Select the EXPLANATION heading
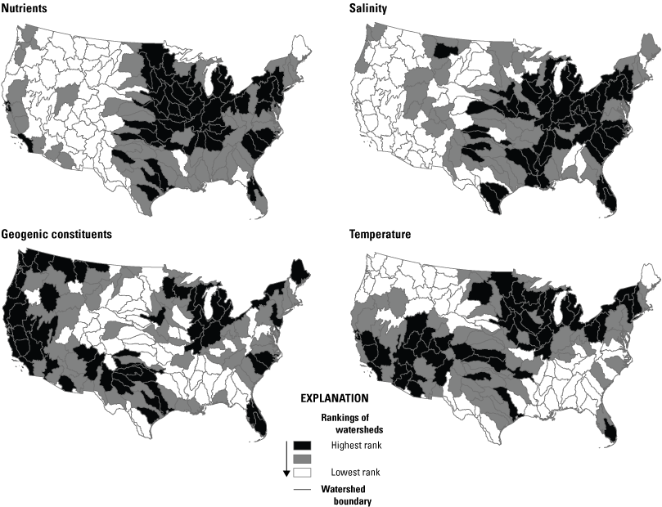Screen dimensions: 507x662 pyautogui.click(x=333, y=398)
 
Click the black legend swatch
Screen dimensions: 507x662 pyautogui.click(x=303, y=445)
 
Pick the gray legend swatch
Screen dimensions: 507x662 pyautogui.click(x=303, y=459)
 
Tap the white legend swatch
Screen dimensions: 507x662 pyautogui.click(x=303, y=473)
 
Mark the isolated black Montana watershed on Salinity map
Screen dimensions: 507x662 pyautogui.click(x=447, y=50)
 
